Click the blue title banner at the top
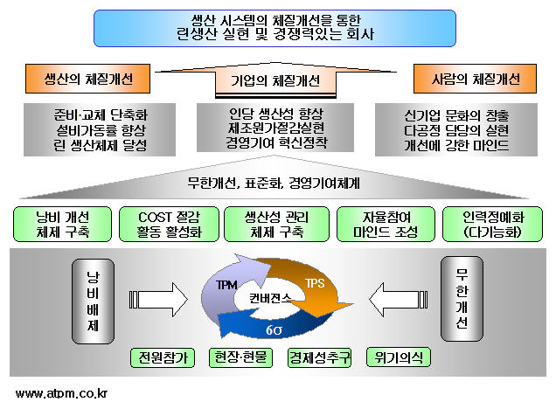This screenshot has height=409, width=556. click(275, 28)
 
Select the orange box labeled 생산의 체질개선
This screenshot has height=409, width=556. click(87, 79)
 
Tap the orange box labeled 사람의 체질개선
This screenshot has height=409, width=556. click(475, 79)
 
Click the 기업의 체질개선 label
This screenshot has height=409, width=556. click(275, 80)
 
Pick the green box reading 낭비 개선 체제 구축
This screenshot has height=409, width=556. click(62, 225)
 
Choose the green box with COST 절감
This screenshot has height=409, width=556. click(169, 225)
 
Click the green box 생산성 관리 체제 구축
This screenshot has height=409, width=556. click(276, 225)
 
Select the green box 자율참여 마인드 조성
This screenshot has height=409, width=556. click(386, 225)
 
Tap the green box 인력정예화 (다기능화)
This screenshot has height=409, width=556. click(493, 225)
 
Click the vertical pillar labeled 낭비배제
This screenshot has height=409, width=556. click(93, 302)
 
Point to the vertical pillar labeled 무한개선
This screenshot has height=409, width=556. click(462, 299)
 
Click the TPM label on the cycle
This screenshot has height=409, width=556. click(226, 285)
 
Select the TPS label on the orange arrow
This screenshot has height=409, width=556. click(315, 283)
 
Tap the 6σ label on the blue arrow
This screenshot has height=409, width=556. click(274, 330)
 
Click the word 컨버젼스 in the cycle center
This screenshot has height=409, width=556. click(270, 298)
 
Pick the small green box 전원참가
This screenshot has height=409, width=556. click(163, 357)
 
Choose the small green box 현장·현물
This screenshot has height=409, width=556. click(240, 357)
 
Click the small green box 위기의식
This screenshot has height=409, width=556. click(399, 357)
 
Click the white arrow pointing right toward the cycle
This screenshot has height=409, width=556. click(158, 300)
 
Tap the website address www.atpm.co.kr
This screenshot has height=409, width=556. click(61, 393)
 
